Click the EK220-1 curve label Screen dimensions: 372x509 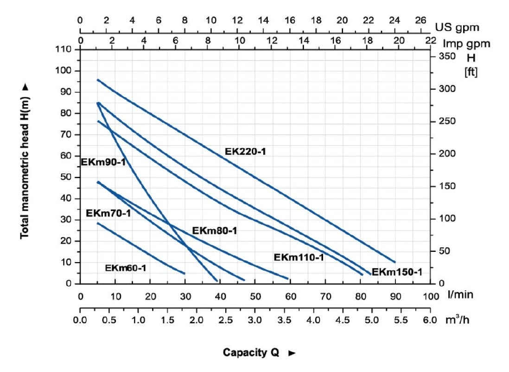coord(245,151)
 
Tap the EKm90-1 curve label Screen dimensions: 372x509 coord(103,162)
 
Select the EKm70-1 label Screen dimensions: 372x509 coord(108,214)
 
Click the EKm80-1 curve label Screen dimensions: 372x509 coord(215,231)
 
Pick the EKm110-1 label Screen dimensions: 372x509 coord(299,257)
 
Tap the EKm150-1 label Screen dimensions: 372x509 coord(397,272)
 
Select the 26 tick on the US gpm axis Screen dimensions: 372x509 coord(420,20)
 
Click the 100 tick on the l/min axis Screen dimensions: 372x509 coord(430,295)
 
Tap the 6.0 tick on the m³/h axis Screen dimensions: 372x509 coord(430,321)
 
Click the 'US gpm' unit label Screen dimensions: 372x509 coord(457,27)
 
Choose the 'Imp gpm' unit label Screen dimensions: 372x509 coord(465,44)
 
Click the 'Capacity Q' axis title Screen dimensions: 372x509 coord(251,353)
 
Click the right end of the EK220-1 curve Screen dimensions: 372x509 coord(394,262)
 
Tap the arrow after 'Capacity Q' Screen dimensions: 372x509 coord(292,353)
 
